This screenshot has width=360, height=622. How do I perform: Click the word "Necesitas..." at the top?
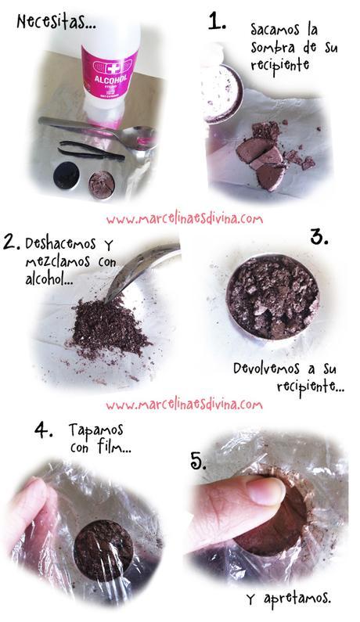56,23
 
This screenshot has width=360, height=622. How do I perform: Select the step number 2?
11,242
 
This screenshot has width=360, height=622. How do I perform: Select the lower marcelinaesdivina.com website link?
185,404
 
